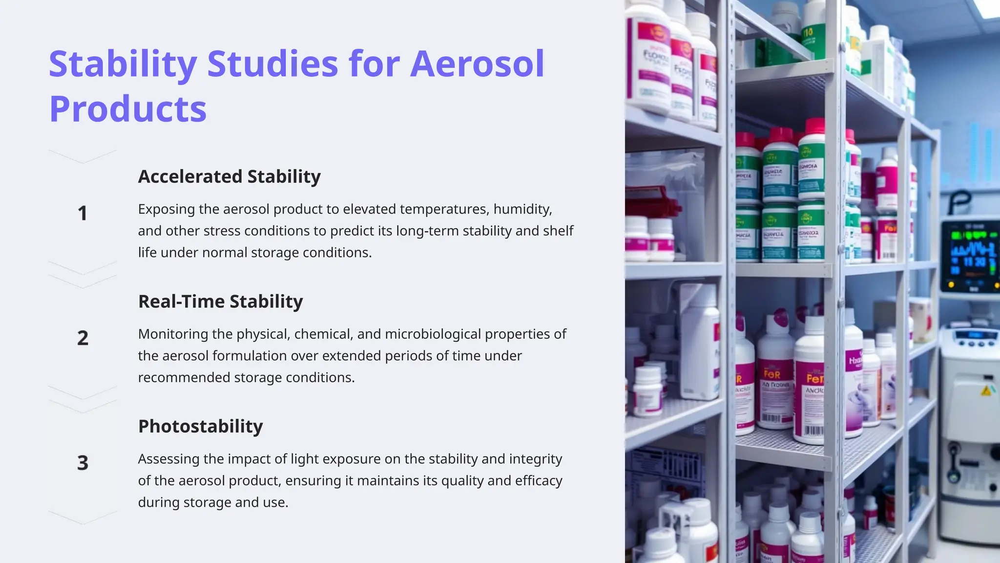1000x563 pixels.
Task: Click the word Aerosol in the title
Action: click(x=477, y=64)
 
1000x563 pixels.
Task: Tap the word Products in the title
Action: click(x=128, y=109)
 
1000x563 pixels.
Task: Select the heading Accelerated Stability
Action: click(x=229, y=176)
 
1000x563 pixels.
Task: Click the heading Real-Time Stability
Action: click(x=220, y=302)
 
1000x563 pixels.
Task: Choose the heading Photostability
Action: click(x=200, y=426)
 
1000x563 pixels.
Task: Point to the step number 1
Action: click(x=83, y=213)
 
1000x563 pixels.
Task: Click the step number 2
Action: click(x=83, y=338)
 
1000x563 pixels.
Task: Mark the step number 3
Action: click(x=83, y=463)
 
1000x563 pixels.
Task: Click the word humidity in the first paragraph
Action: click(x=522, y=209)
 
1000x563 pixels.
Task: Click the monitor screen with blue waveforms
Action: click(x=970, y=256)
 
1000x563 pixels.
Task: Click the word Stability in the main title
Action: click(x=123, y=64)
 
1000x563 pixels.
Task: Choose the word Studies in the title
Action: click(x=272, y=64)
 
